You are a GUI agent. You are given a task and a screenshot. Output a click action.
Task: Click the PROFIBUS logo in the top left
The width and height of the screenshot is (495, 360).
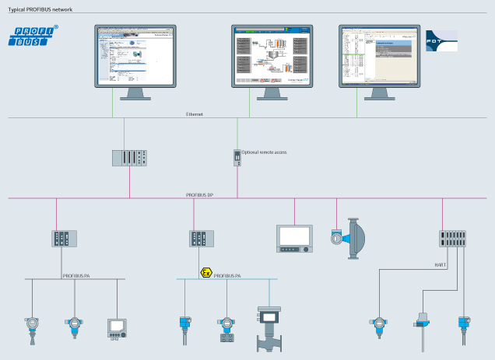click(x=28, y=36)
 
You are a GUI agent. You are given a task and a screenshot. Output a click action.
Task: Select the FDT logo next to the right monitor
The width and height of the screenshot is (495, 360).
click(x=441, y=42)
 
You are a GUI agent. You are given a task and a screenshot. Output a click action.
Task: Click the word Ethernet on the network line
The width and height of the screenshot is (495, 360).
click(x=195, y=114)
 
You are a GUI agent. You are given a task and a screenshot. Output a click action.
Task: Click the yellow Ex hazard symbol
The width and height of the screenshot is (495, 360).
click(x=205, y=274)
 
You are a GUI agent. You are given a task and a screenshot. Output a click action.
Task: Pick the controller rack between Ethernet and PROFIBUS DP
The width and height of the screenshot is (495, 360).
click(x=130, y=156)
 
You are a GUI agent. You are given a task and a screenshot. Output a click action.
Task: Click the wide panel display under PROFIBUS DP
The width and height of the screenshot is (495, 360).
click(x=295, y=237)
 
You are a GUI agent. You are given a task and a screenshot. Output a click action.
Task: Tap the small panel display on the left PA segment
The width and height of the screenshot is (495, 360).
click(x=116, y=327)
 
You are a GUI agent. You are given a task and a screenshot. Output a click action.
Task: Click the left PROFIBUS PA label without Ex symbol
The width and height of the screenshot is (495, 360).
click(x=78, y=274)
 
